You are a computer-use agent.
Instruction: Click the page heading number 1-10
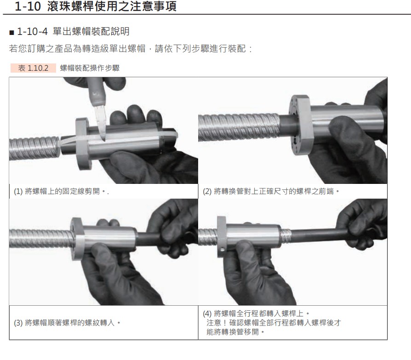tap(28, 6)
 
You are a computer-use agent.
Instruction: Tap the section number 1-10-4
tap(33, 31)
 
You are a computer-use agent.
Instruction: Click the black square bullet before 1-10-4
tap(11, 33)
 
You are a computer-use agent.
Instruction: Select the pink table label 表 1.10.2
tap(33, 68)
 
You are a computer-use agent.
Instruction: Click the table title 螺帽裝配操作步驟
tap(90, 68)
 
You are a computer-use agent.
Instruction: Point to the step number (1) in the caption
tap(18, 191)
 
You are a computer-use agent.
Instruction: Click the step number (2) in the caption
tap(207, 191)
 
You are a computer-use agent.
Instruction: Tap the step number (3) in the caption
tap(18, 322)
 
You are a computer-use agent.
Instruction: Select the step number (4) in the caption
tap(207, 313)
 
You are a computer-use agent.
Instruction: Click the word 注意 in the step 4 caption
tap(214, 323)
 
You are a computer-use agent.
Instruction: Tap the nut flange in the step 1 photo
tap(83, 144)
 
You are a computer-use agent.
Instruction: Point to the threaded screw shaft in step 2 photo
tap(239, 127)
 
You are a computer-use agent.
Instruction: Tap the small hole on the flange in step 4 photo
tap(222, 250)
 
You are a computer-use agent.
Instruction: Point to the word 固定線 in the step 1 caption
tap(74, 191)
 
